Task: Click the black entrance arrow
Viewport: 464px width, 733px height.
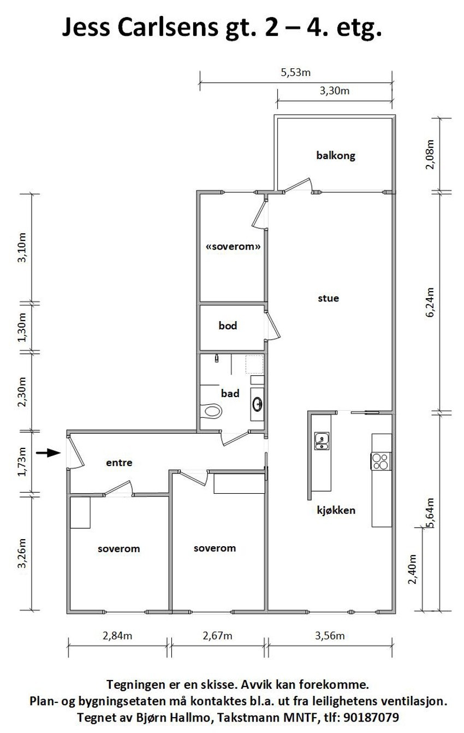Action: click(x=49, y=453)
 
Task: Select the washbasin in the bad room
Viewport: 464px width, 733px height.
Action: click(x=257, y=404)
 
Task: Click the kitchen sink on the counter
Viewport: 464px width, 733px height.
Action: click(x=322, y=441)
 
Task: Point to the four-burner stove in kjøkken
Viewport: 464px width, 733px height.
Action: click(x=381, y=461)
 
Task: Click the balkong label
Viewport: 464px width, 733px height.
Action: click(x=336, y=156)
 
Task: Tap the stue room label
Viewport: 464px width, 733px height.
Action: click(x=328, y=298)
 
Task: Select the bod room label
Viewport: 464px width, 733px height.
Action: click(x=228, y=326)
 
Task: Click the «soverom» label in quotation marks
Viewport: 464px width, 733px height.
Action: click(x=233, y=246)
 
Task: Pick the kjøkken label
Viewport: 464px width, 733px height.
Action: click(x=336, y=511)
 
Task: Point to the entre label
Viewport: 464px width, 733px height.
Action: click(x=120, y=463)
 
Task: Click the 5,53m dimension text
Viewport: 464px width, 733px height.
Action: click(x=296, y=72)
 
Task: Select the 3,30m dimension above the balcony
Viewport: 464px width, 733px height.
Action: click(x=335, y=91)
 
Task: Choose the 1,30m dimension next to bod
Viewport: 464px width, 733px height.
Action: click(x=22, y=327)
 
